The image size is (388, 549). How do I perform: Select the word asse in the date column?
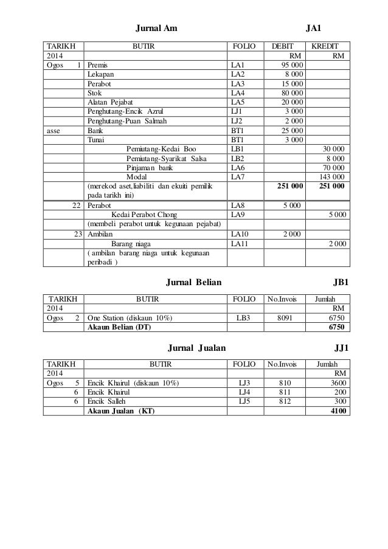[54, 130]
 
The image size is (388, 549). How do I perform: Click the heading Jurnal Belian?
[194, 283]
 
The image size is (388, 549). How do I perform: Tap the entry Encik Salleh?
[108, 402]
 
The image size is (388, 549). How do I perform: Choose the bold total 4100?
[339, 412]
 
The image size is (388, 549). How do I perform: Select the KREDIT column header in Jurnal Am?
[329, 45]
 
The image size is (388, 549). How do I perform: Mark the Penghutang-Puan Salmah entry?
[126, 121]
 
